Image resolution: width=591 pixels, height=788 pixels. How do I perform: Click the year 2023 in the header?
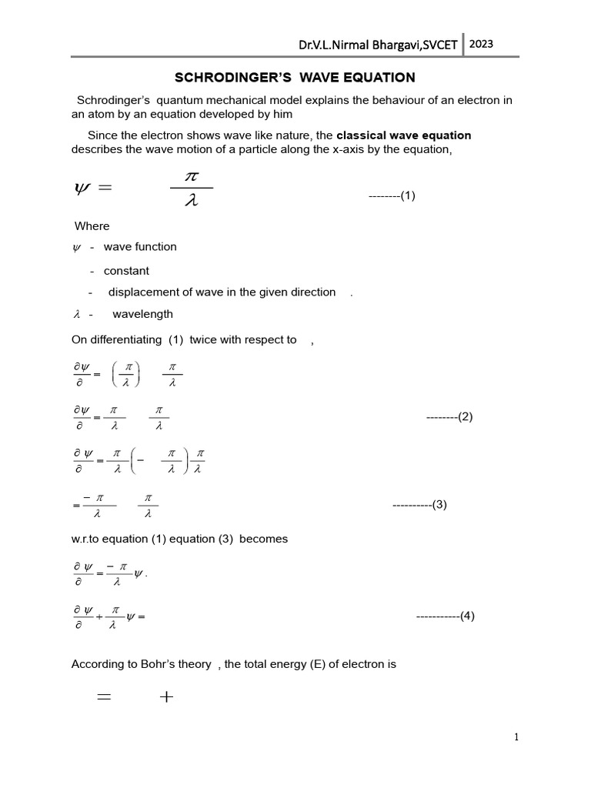(x=482, y=44)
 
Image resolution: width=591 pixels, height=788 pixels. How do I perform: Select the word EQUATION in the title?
(x=381, y=77)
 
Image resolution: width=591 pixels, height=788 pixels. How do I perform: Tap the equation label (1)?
(x=408, y=195)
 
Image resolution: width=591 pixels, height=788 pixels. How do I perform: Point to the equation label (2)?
(x=465, y=416)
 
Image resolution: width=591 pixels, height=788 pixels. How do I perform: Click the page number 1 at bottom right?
(x=517, y=737)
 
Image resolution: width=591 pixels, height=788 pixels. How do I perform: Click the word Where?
(x=92, y=226)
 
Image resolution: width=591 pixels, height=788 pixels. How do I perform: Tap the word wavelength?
(x=142, y=314)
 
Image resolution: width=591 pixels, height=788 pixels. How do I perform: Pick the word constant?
(x=126, y=271)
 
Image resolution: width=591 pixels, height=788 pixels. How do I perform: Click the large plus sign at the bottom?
(x=165, y=697)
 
